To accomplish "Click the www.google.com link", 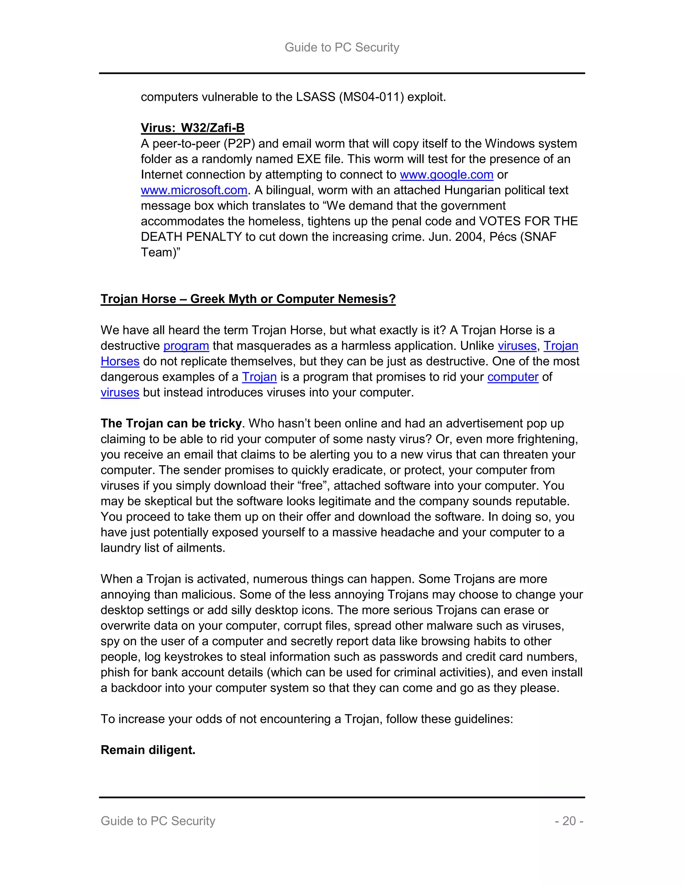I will coord(446,175).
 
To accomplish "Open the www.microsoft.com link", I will coord(194,190).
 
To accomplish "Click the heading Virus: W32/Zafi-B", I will coord(192,128).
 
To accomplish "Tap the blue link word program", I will coord(186,346).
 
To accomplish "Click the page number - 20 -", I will coord(569,821).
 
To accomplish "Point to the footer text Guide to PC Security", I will coord(158,821).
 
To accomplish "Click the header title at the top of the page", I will coord(342,47).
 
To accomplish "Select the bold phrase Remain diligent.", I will coord(148,750).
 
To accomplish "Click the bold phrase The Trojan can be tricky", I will coord(171,423).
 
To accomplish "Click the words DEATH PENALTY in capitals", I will coord(191,237).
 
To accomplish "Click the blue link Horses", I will coord(120,361).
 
